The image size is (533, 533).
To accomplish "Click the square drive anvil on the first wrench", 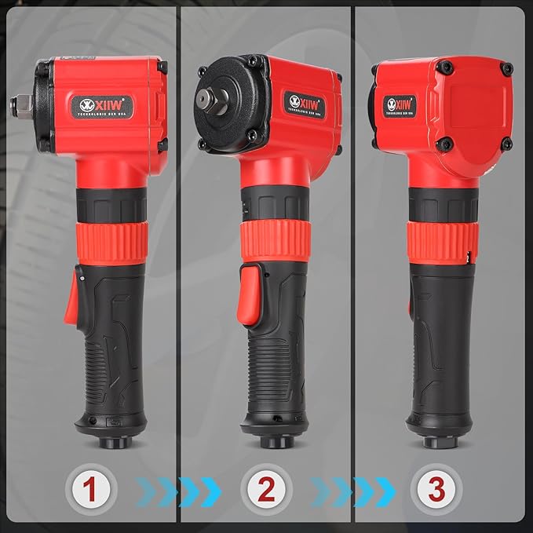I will pos(16,103).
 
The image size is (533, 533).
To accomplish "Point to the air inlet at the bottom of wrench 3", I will pos(441,442).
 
